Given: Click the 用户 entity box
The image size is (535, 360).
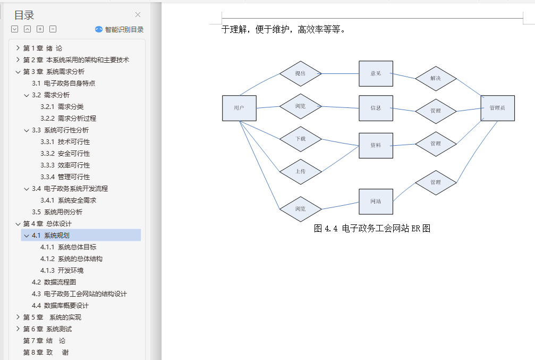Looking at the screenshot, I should pyautogui.click(x=239, y=108).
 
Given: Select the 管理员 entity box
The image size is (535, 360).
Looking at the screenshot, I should pyautogui.click(x=497, y=108).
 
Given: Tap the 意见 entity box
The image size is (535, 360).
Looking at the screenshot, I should pyautogui.click(x=376, y=73).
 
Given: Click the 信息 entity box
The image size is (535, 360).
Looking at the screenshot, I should pyautogui.click(x=376, y=108).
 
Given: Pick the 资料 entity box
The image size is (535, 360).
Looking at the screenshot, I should pyautogui.click(x=376, y=145).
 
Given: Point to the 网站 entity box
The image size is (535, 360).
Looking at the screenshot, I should pyautogui.click(x=376, y=202).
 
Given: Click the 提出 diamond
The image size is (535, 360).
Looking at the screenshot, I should pyautogui.click(x=301, y=73).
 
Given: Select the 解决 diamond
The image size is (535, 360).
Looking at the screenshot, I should pyautogui.click(x=436, y=79).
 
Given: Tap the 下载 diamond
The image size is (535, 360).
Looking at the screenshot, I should pyautogui.click(x=301, y=139).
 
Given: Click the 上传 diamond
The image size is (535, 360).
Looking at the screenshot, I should pyautogui.click(x=301, y=171).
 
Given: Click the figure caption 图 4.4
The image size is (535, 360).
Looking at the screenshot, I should pyautogui.click(x=372, y=228).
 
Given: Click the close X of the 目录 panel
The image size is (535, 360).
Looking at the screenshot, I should pyautogui.click(x=138, y=15).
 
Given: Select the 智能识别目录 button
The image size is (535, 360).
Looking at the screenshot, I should pyautogui.click(x=120, y=30).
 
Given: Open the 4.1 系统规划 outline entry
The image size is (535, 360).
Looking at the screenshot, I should pyautogui.click(x=57, y=235).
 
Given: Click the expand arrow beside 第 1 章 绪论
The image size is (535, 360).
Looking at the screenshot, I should pyautogui.click(x=18, y=48).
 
